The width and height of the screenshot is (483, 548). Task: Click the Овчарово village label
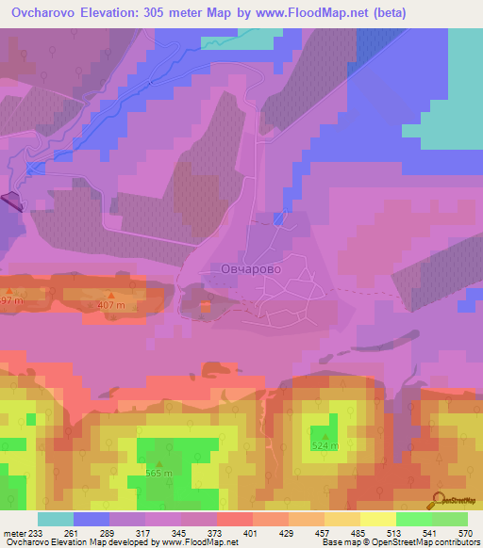coord(250,268)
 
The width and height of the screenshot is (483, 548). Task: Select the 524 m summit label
coord(325,445)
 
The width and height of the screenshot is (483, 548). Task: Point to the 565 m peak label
coord(158,474)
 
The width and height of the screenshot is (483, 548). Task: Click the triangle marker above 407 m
coord(111,297)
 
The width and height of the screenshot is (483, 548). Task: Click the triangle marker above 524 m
coord(325,435)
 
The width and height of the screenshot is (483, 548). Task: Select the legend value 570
coord(464,534)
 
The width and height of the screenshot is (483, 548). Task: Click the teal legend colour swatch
coord(56,519)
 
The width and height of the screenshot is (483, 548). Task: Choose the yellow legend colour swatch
coord(377,519)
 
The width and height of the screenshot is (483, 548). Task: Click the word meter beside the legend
coord(14,534)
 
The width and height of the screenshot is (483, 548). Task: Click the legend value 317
coord(146,534)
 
